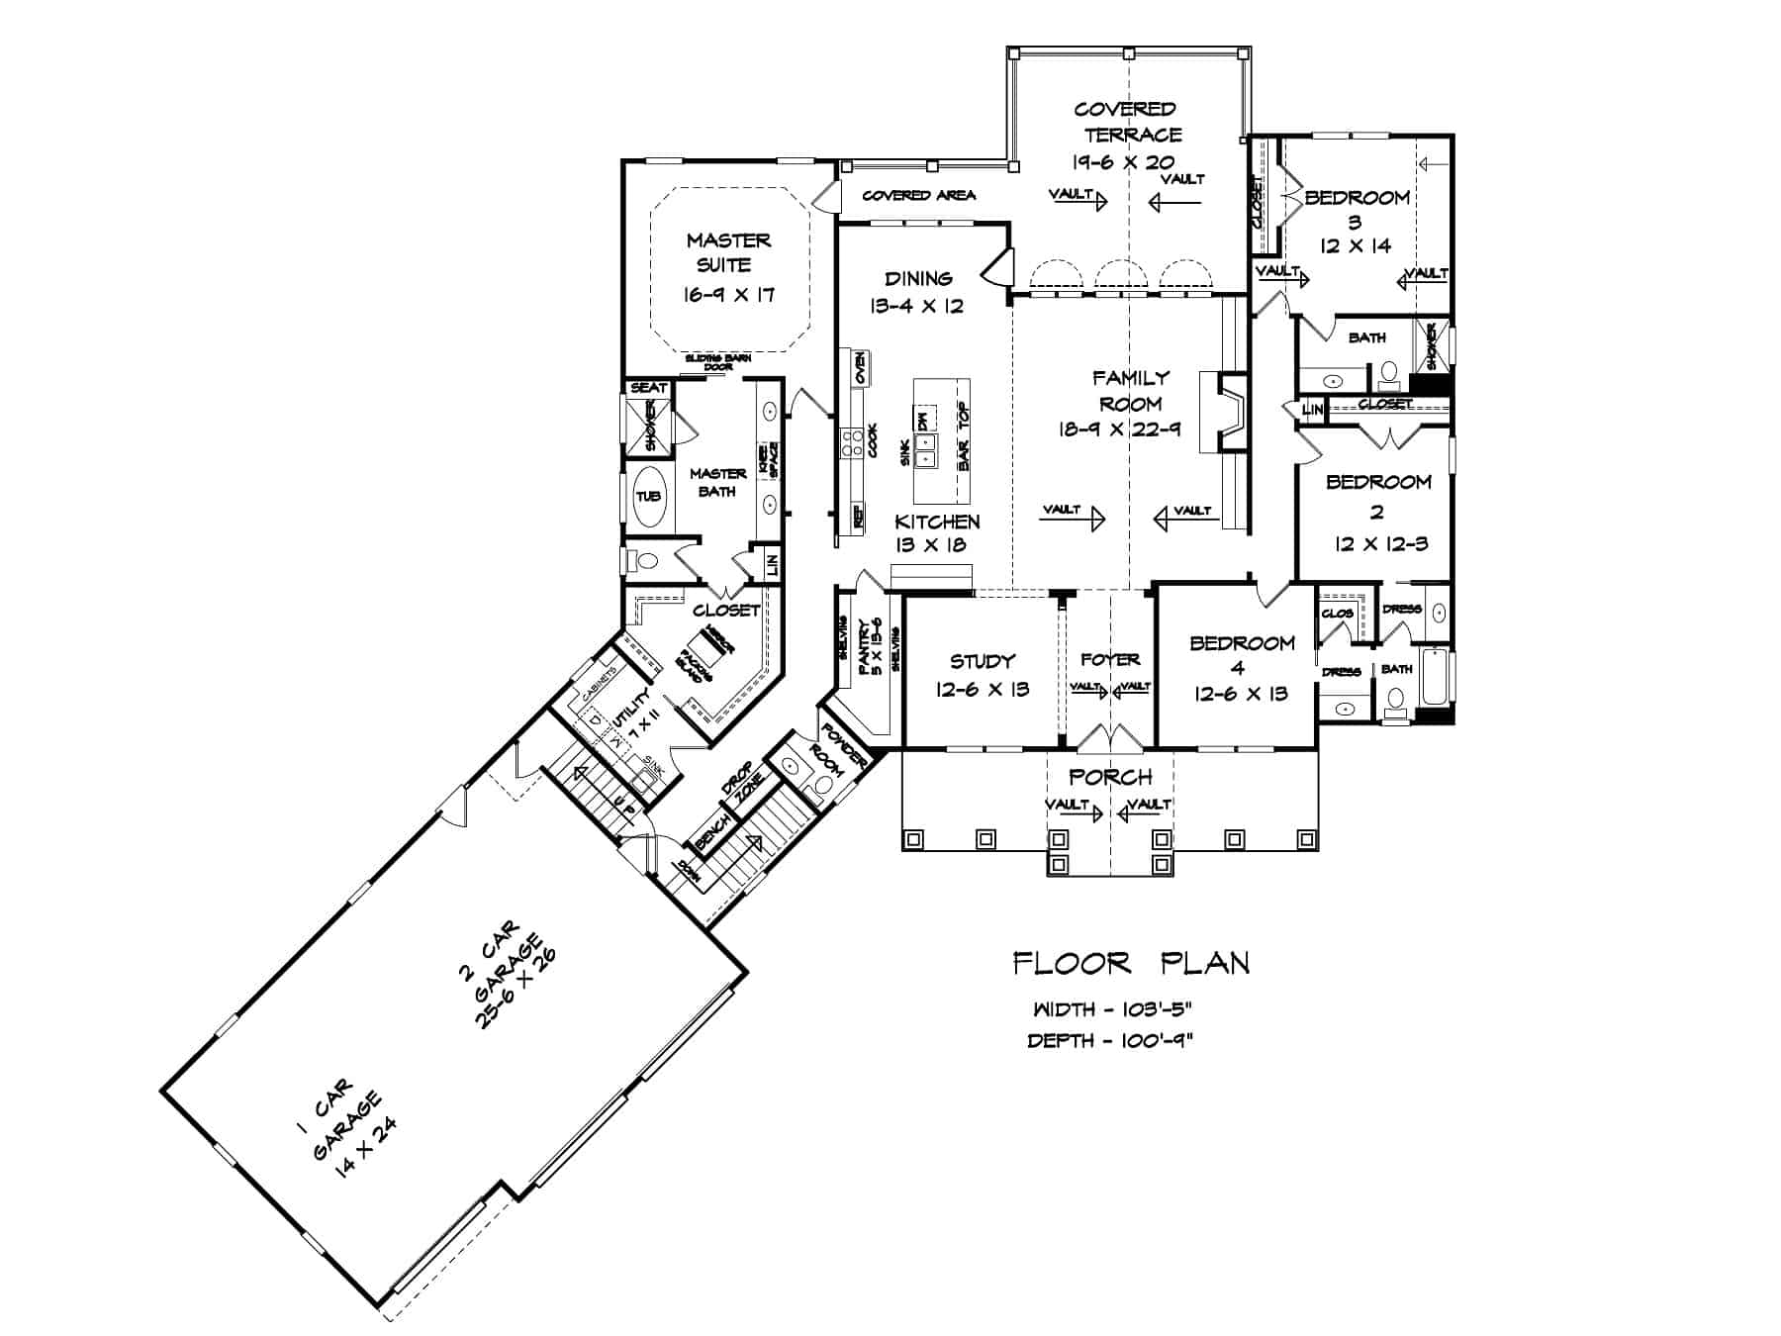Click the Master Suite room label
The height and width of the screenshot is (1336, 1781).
tap(729, 266)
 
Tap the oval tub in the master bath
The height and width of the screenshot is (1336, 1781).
tap(647, 496)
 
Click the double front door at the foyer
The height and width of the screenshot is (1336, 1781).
tap(1109, 738)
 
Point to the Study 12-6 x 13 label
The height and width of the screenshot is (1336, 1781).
tap(982, 675)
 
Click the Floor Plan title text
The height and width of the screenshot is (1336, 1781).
tap(1131, 963)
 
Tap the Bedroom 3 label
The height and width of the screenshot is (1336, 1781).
tap(1357, 220)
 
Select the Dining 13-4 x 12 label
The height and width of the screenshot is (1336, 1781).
tap(917, 292)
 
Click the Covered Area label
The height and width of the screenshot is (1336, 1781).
tap(919, 195)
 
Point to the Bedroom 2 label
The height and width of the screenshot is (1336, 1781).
tap(1378, 512)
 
